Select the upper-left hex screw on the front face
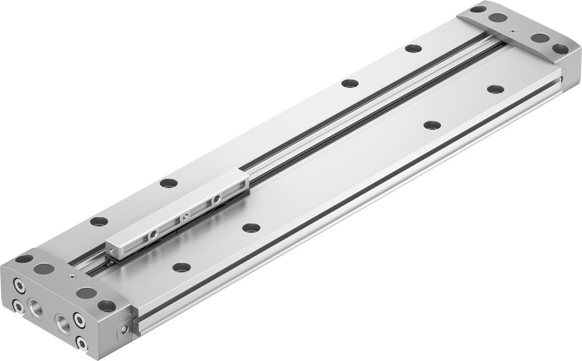click(19, 287)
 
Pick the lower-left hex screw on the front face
click(18, 305)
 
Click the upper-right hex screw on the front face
click(79, 318)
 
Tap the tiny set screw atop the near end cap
click(70, 278)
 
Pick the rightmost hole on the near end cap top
click(107, 305)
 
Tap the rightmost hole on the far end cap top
click(560, 49)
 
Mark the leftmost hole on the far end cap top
click(478, 9)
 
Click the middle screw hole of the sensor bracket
click(185, 217)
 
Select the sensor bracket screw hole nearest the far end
click(217, 200)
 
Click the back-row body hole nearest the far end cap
click(413, 48)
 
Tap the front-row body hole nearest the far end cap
click(495, 89)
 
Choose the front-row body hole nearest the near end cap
click(182, 267)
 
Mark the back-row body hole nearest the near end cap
click(99, 221)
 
